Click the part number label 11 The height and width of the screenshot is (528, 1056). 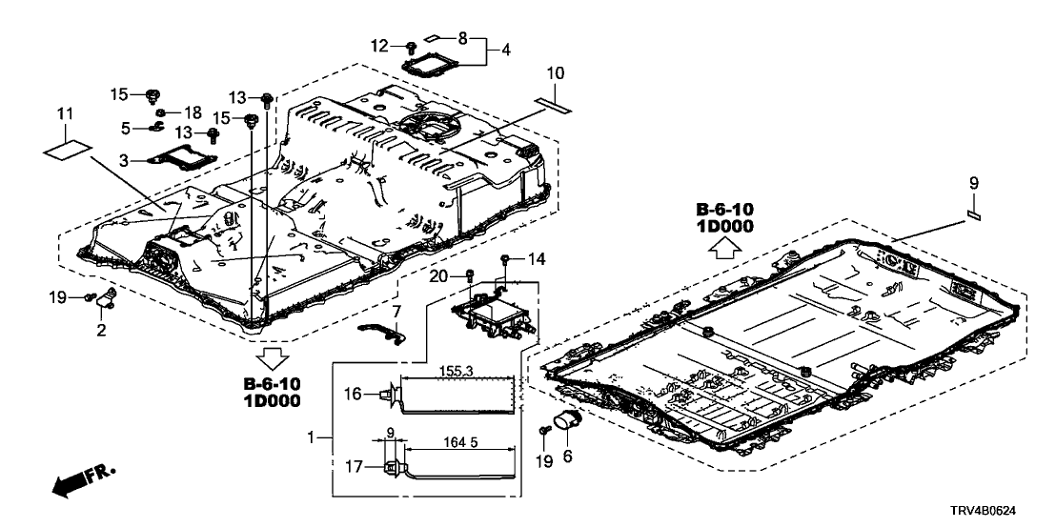click(x=64, y=114)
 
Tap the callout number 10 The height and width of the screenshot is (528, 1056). click(x=556, y=72)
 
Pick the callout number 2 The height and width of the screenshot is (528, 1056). click(x=102, y=330)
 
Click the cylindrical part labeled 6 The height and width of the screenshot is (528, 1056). click(x=571, y=421)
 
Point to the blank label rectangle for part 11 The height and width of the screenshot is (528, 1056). click(x=68, y=151)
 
